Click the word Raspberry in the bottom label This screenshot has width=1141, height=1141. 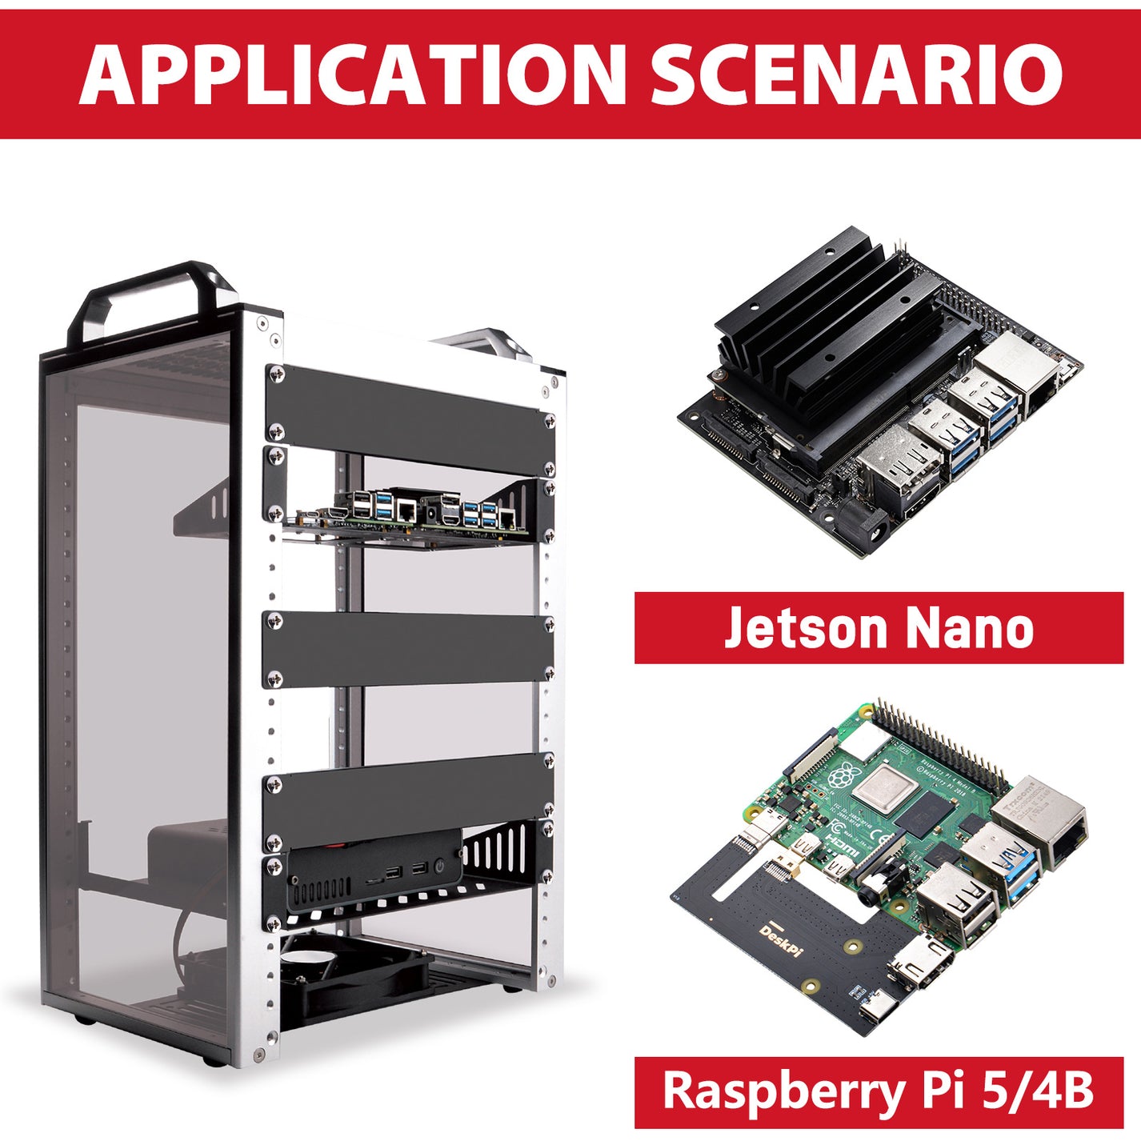(x=771, y=1091)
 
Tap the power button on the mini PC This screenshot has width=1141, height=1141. (x=439, y=866)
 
